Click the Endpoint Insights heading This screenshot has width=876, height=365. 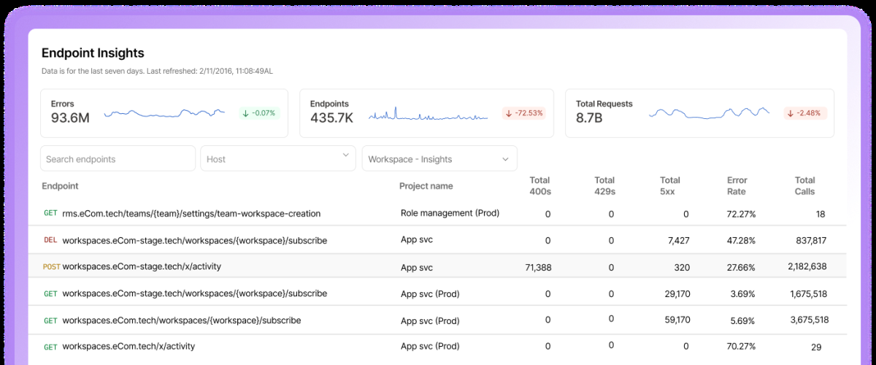pyautogui.click(x=93, y=53)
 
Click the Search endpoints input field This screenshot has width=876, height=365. pyautogui.click(x=118, y=158)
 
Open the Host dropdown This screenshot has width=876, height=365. pyautogui.click(x=278, y=158)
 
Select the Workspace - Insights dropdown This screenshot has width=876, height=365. pyautogui.click(x=439, y=158)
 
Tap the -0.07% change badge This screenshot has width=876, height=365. pyautogui.click(x=259, y=113)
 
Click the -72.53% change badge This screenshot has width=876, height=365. pyautogui.click(x=524, y=113)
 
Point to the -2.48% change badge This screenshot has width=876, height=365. pyautogui.click(x=805, y=113)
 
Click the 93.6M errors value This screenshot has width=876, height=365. pyautogui.click(x=70, y=118)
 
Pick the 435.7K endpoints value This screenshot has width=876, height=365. pyautogui.click(x=331, y=118)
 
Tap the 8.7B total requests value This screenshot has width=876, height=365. pyautogui.click(x=589, y=118)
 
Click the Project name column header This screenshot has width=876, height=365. pyautogui.click(x=426, y=186)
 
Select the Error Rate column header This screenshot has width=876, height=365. pyautogui.click(x=737, y=186)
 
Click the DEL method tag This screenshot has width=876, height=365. pyautogui.click(x=50, y=240)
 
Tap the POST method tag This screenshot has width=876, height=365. pyautogui.click(x=51, y=266)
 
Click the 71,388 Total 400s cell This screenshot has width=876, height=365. pyautogui.click(x=538, y=268)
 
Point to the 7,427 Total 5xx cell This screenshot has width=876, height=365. pyautogui.click(x=678, y=241)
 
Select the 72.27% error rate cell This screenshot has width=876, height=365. pyautogui.click(x=741, y=215)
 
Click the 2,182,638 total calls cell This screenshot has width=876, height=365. pyautogui.click(x=807, y=266)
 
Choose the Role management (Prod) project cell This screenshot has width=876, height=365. pyautogui.click(x=450, y=213)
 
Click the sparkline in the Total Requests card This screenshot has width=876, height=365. pyautogui.click(x=709, y=112)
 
